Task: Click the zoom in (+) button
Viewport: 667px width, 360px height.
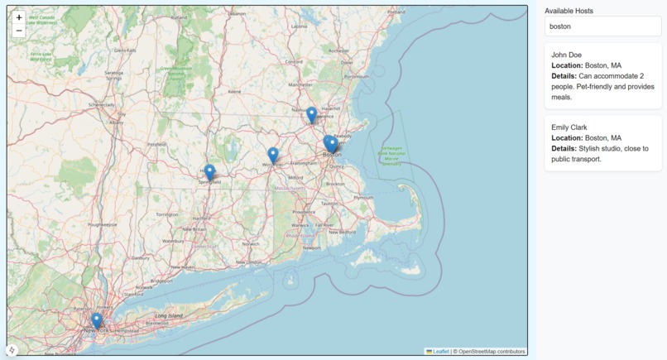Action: click(19, 17)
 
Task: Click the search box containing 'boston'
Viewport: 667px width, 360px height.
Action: click(602, 26)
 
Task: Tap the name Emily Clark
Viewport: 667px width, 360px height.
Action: click(569, 127)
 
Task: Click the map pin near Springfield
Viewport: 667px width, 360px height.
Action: click(209, 173)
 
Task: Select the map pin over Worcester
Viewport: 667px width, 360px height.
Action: click(273, 155)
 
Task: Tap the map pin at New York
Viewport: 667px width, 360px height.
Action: click(97, 320)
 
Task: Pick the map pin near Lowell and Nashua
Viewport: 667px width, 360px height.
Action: click(311, 115)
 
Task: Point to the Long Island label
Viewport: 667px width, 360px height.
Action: click(169, 315)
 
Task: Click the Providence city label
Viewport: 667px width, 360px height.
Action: click(304, 211)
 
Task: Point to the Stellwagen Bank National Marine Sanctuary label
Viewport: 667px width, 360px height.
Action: click(391, 155)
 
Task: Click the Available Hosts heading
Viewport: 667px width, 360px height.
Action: click(569, 11)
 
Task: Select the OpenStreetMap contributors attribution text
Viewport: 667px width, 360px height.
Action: click(492, 352)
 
